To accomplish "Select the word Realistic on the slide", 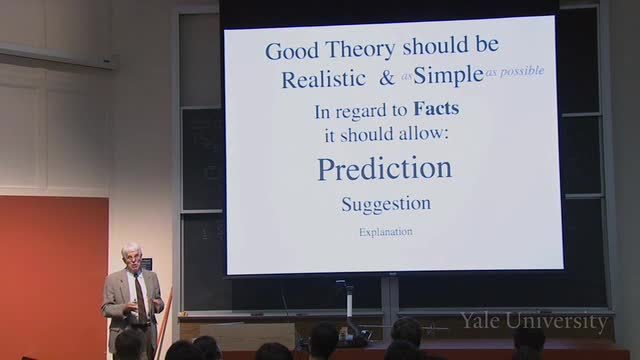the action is (323, 78).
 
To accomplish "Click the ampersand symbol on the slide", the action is (386, 78).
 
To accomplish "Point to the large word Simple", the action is (448, 76).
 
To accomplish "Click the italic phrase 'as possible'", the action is (515, 71).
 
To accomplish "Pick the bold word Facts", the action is (436, 109).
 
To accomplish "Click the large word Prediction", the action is (385, 168).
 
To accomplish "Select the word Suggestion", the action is (386, 204).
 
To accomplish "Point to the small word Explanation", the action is (386, 232).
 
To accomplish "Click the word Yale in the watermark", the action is (480, 321).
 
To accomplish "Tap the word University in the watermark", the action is (557, 322).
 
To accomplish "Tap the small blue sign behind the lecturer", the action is (146, 263).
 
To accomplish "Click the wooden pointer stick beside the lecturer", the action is (163, 322).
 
